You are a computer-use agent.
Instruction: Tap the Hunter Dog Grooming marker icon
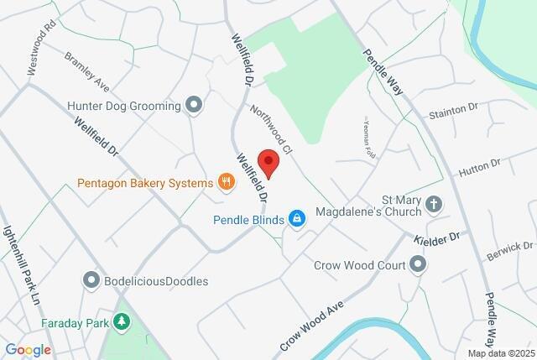pos(195,106)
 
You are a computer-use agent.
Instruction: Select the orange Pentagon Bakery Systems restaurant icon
pos(225,181)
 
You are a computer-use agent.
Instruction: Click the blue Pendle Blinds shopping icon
pos(296,219)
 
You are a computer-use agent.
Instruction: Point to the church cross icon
pos(434,204)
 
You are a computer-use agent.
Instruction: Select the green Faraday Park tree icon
pos(123,321)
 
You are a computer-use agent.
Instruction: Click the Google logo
pos(28,350)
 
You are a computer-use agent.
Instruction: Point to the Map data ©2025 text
pos(501,353)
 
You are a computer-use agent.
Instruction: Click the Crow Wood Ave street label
pos(312,327)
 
